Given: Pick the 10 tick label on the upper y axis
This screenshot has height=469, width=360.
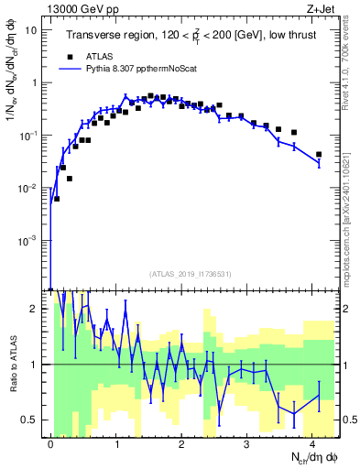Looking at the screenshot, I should click(31, 29).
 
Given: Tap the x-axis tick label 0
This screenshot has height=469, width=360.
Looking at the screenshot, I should click(50, 443).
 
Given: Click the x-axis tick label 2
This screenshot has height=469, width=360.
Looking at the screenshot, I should click(181, 443).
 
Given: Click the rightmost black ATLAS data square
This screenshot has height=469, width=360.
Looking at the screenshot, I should click(319, 155).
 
